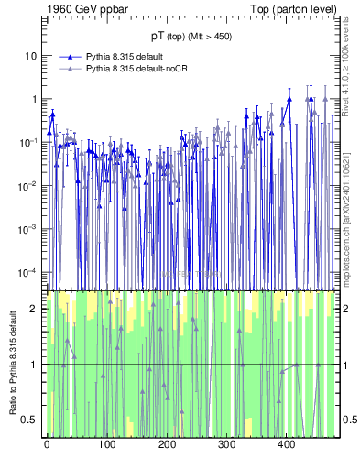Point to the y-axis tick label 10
30,56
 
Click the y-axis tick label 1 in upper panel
33,99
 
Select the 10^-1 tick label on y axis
27,142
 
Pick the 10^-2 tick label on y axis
27,185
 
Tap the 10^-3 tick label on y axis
27,229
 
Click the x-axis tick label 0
47,445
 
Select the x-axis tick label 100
106,445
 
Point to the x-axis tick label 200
167,445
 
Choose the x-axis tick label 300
226,445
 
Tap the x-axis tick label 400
286,445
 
